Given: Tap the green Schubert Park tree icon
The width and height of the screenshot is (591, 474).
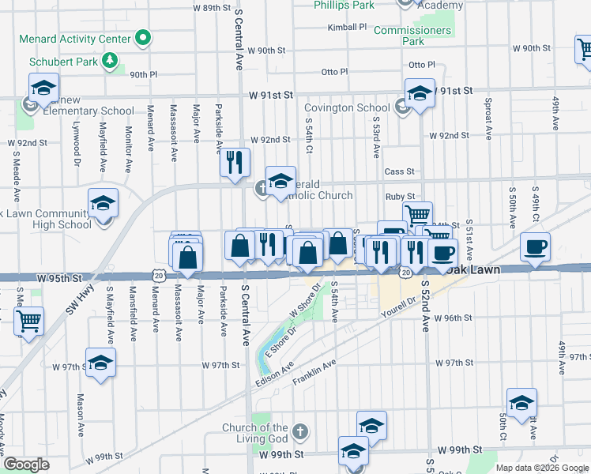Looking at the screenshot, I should (111, 60).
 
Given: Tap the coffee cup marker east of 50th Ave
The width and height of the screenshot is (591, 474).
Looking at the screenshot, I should (535, 247).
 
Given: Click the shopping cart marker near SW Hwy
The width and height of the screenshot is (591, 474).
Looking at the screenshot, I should (29, 321).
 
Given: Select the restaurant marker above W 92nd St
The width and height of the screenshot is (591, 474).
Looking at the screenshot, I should (235, 163).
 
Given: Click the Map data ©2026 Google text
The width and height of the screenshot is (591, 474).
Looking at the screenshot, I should (540, 468).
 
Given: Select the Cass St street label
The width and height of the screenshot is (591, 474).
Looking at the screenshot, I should (399, 171).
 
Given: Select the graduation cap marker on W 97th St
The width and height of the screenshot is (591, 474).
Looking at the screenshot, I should (100, 363).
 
